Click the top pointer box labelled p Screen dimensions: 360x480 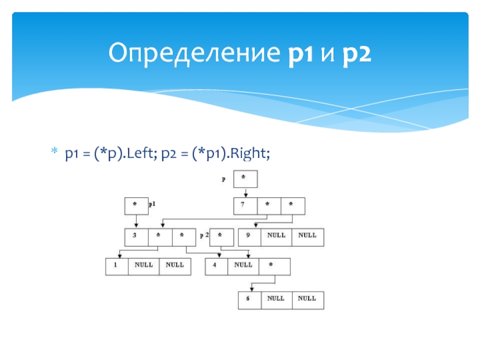click(x=245, y=179)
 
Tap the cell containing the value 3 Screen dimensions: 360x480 click(x=136, y=237)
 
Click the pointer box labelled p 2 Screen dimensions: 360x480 click(x=222, y=237)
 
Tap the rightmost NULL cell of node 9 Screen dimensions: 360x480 click(x=307, y=237)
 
